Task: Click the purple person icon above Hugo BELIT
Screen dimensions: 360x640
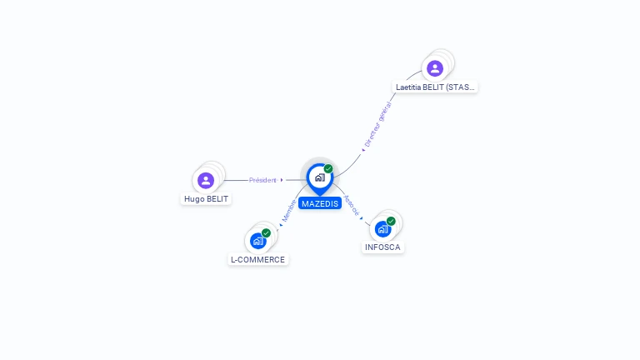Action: click(206, 180)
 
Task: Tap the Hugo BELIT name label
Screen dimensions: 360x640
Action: click(206, 199)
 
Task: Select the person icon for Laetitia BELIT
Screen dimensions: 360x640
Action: click(434, 68)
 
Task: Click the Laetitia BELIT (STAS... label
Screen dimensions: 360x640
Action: click(436, 87)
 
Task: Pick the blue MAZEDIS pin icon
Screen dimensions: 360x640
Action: click(319, 177)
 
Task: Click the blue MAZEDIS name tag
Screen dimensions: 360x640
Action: click(320, 203)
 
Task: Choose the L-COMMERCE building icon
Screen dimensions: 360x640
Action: click(257, 241)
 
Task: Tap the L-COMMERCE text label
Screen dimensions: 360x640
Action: click(257, 259)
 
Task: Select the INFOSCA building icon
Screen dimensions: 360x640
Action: click(382, 229)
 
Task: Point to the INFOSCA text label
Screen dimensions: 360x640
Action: click(382, 247)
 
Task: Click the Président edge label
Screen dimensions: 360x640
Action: click(262, 180)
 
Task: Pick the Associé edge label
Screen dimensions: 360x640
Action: click(351, 206)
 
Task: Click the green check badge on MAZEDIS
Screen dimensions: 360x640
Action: click(328, 168)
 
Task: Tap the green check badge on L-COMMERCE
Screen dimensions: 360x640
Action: click(266, 232)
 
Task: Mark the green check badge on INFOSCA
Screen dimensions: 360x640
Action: click(391, 221)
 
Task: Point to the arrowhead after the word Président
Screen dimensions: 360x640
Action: click(282, 180)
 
